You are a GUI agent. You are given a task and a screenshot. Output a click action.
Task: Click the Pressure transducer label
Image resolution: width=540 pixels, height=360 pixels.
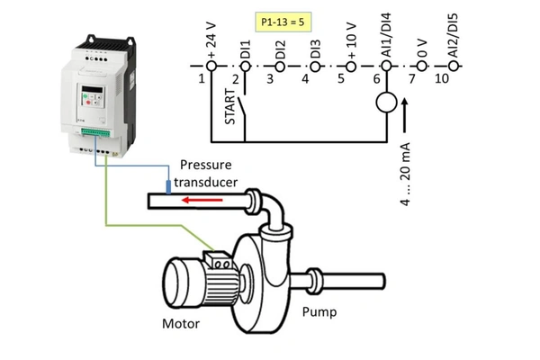pyautogui.click(x=208, y=173)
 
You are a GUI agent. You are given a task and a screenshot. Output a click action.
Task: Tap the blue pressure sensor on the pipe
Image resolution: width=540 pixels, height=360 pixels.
pyautogui.click(x=168, y=186)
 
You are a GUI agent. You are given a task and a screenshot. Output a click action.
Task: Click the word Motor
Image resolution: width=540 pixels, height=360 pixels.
pyautogui.click(x=180, y=323)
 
